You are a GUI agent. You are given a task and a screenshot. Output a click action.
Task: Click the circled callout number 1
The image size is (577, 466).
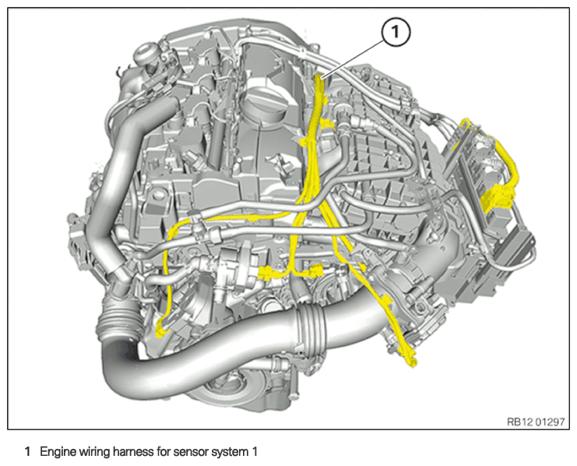pos(396,32)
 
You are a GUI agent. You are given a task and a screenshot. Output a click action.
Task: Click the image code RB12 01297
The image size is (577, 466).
pos(536,422)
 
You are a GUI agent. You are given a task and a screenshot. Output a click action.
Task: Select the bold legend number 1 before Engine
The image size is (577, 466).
pos(26,452)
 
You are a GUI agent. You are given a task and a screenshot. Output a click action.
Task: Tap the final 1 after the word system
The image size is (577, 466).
pos(254,452)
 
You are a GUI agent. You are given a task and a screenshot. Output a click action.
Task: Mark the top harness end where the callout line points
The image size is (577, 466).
pos(319,77)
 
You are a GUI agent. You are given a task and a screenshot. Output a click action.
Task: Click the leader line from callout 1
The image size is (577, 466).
pos(353,59)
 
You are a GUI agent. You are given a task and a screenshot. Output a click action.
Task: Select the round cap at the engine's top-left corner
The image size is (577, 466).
pos(146,51)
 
